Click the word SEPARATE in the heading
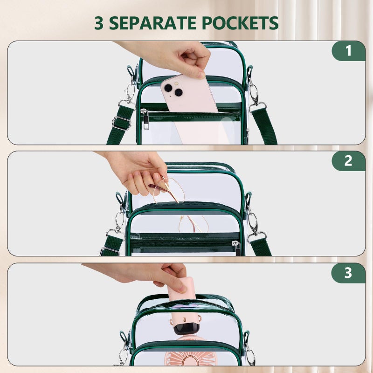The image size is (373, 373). coord(152,23)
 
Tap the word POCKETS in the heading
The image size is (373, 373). coord(240,23)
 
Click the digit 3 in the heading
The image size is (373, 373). coord(99,23)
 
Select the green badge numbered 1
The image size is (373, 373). coord(348,51)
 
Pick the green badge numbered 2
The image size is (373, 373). coord(348,161)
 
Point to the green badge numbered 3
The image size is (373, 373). coord(348,273)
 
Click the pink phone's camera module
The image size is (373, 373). coord(173,89)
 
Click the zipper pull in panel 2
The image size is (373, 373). coord(237,249)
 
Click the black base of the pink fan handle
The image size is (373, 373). coord(186,329)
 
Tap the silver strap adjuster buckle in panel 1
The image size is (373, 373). coord(122,123)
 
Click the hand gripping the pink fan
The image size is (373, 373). coord(147,276)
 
